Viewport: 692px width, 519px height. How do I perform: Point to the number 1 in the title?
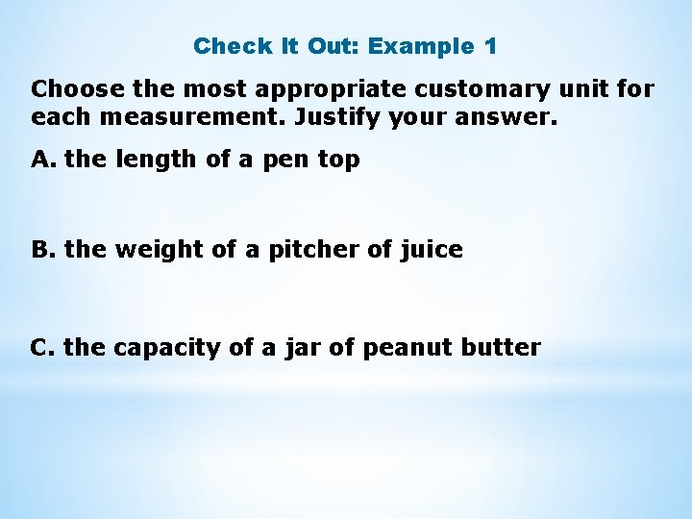click(490, 46)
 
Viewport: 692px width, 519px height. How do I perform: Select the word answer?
click(508, 119)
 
